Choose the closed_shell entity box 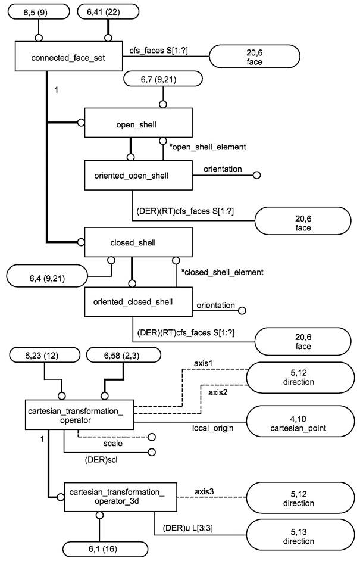click(x=138, y=242)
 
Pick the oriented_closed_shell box click(x=137, y=302)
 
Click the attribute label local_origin click(x=212, y=428)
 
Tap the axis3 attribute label click(x=205, y=491)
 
